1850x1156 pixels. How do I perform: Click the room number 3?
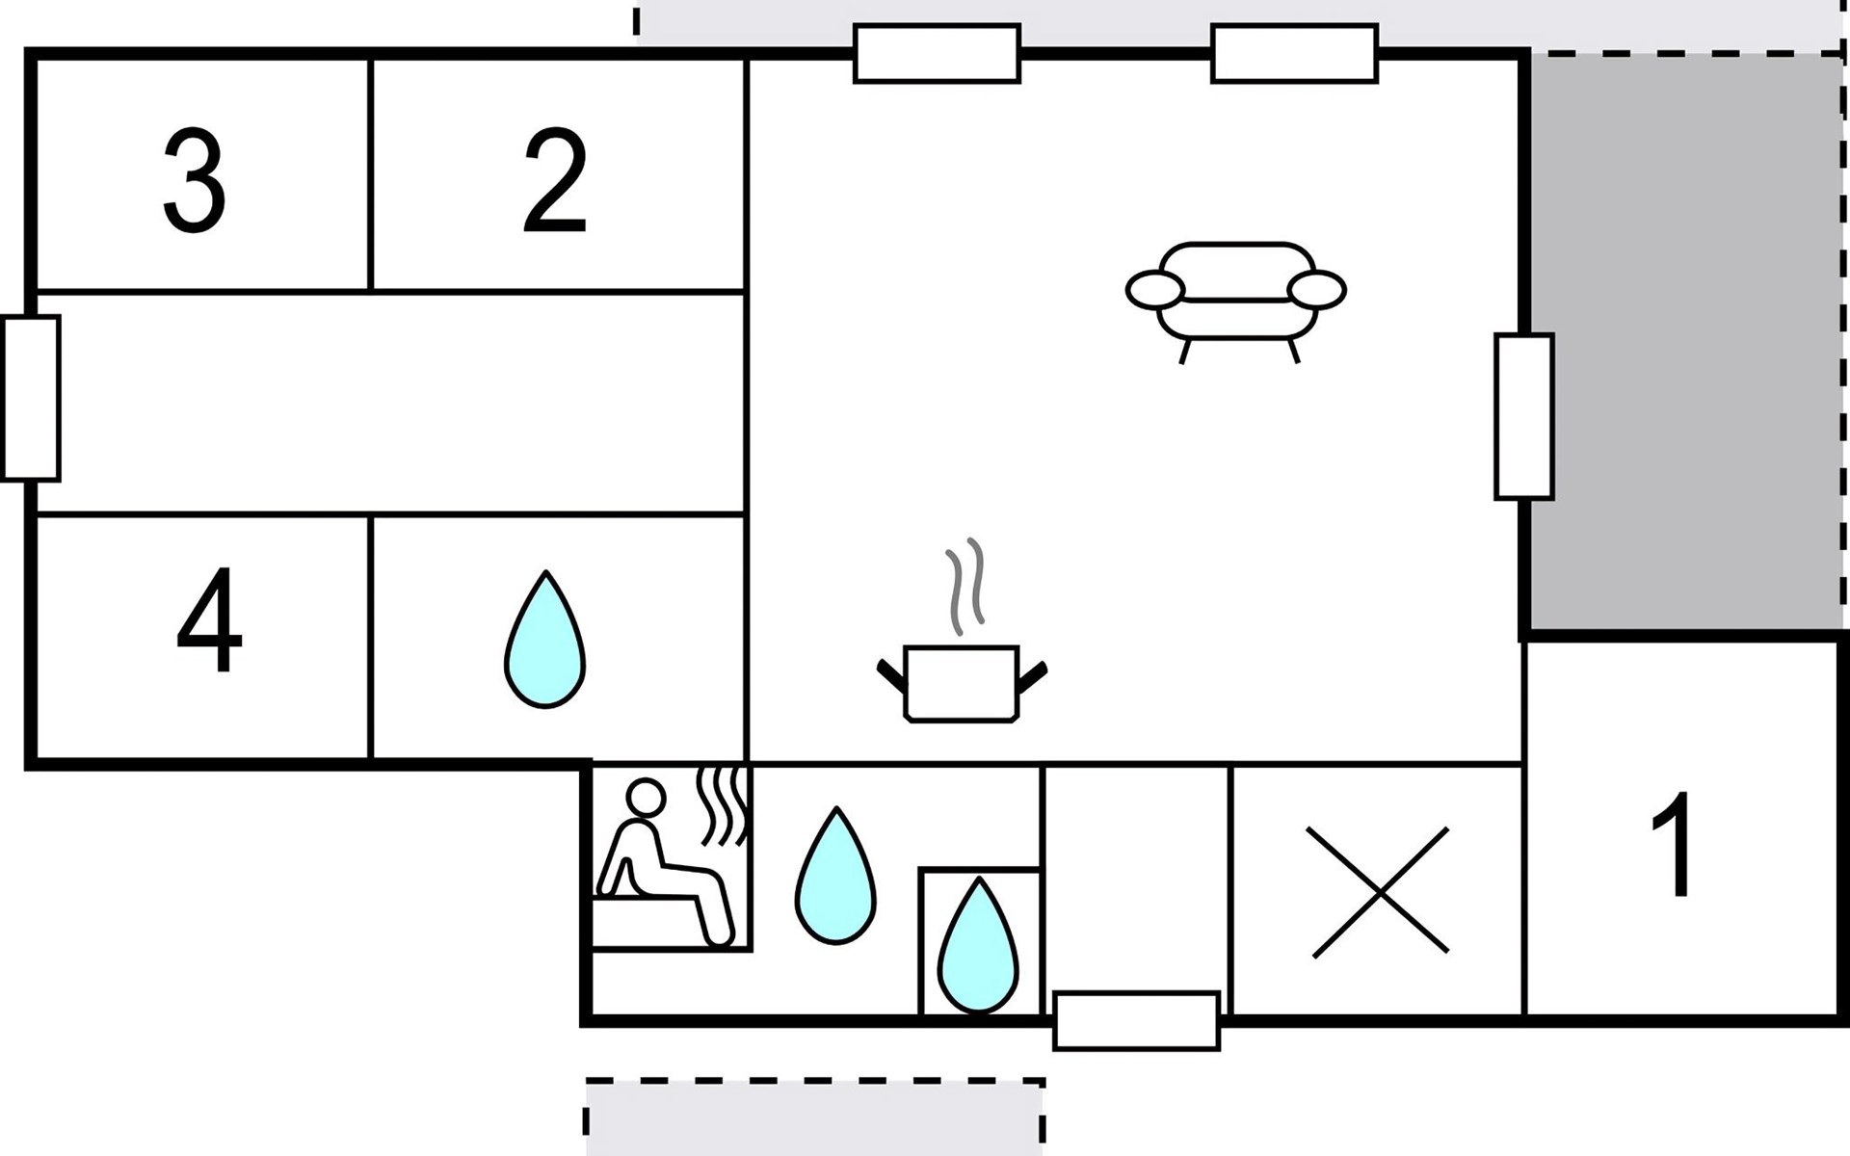tap(195, 181)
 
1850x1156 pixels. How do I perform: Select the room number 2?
tap(555, 181)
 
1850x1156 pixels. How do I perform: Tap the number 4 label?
tap(209, 620)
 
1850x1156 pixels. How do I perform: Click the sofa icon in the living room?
tap(1236, 295)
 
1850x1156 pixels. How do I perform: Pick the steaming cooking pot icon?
tap(962, 682)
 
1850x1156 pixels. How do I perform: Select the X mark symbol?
tap(1380, 892)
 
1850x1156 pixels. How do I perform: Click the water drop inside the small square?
tap(978, 946)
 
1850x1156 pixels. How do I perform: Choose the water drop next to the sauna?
tap(835, 876)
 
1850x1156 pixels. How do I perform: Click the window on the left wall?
tap(31, 397)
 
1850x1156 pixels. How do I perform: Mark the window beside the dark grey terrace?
tap(1523, 416)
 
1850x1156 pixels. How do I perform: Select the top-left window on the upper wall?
tap(937, 54)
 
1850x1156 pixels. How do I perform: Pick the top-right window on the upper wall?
tap(1294, 54)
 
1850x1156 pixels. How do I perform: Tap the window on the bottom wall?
tap(1137, 1020)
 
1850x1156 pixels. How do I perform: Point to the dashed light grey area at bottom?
tap(814, 1117)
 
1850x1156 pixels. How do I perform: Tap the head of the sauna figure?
tap(646, 799)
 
